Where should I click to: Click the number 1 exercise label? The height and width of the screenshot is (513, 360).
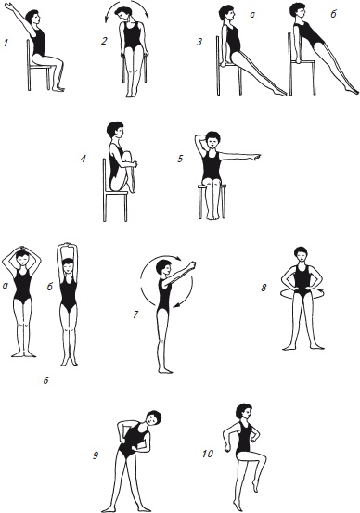(x=6, y=43)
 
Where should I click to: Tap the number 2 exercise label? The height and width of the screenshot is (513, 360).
(x=104, y=41)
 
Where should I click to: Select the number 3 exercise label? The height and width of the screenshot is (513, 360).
(x=199, y=42)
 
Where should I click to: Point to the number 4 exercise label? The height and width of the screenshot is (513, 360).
(x=83, y=159)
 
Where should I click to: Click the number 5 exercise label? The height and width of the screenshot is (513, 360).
(x=180, y=159)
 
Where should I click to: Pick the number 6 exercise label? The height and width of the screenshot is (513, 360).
(x=45, y=380)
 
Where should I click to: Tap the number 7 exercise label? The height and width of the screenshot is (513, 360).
(x=135, y=314)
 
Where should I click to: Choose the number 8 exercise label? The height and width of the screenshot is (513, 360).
(x=264, y=288)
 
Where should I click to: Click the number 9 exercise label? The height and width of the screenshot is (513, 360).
(x=96, y=455)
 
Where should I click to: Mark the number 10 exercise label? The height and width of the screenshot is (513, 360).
(x=208, y=454)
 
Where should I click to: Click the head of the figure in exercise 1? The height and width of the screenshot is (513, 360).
(x=33, y=17)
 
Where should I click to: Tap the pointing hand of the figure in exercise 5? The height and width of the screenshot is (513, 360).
(x=257, y=158)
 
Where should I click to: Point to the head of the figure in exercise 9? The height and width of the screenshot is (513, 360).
(x=153, y=418)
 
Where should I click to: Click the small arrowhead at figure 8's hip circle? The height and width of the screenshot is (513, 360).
(x=321, y=289)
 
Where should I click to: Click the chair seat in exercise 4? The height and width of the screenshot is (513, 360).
(x=117, y=194)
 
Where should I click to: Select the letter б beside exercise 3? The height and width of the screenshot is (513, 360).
(x=333, y=14)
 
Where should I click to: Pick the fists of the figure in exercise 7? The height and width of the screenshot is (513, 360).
(x=192, y=263)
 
